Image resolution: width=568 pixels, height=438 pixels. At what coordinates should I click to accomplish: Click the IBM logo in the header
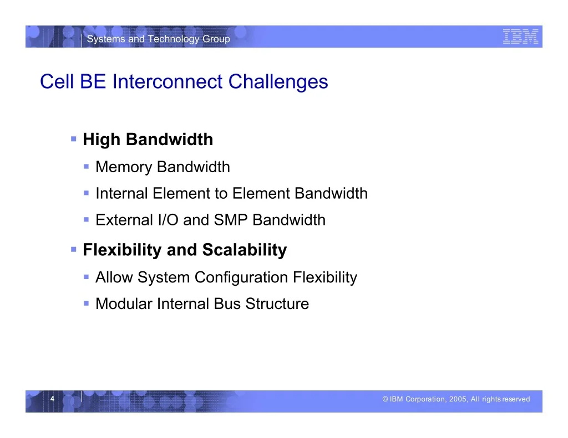(x=520, y=37)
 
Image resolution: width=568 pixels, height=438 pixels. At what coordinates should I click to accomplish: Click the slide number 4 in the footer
(x=52, y=399)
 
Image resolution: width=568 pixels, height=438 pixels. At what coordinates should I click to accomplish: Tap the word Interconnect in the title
(x=168, y=81)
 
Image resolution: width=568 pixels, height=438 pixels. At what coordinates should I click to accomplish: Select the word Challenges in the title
(x=278, y=82)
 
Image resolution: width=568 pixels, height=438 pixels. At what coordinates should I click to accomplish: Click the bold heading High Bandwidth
(x=148, y=139)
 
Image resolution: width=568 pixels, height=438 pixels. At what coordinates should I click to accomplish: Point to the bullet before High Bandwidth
(x=74, y=138)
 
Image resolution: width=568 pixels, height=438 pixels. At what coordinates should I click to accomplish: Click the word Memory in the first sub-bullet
(x=124, y=167)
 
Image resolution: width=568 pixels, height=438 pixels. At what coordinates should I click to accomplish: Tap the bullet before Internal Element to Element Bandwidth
(x=86, y=193)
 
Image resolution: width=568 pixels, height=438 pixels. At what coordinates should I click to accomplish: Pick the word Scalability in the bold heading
(x=245, y=250)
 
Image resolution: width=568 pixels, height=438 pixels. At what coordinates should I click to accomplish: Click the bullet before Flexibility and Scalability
(x=74, y=249)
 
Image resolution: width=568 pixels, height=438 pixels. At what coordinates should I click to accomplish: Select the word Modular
(x=124, y=304)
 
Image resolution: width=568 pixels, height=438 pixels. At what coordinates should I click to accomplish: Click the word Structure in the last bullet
(x=277, y=304)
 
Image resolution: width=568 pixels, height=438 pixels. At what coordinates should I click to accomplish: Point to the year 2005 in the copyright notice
(x=458, y=399)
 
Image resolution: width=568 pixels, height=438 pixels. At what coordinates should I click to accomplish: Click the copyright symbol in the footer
(x=386, y=399)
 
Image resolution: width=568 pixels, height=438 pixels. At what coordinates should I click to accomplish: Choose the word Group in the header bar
(x=216, y=39)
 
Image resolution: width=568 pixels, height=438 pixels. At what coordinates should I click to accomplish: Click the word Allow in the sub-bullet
(x=114, y=277)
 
